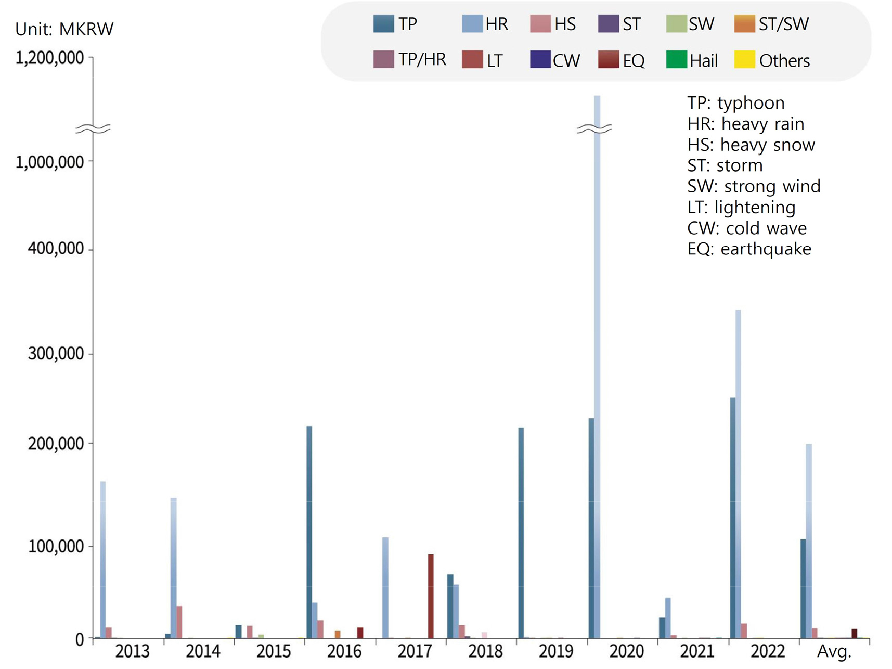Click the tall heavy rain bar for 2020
597,364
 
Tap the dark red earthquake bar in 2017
431,596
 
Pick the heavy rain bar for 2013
103,559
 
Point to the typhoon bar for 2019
521,533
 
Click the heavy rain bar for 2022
738,473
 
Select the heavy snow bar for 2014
179,622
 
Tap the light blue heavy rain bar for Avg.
809,541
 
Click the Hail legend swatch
676,60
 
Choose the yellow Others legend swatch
744,60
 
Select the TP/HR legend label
422,60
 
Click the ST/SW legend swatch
744,24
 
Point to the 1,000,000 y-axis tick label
50,162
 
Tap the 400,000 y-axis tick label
56,249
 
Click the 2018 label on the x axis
485,651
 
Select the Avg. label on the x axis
834,651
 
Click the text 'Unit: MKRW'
64,29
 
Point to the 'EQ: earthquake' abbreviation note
749,249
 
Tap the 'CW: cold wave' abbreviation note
747,228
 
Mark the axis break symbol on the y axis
93,128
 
